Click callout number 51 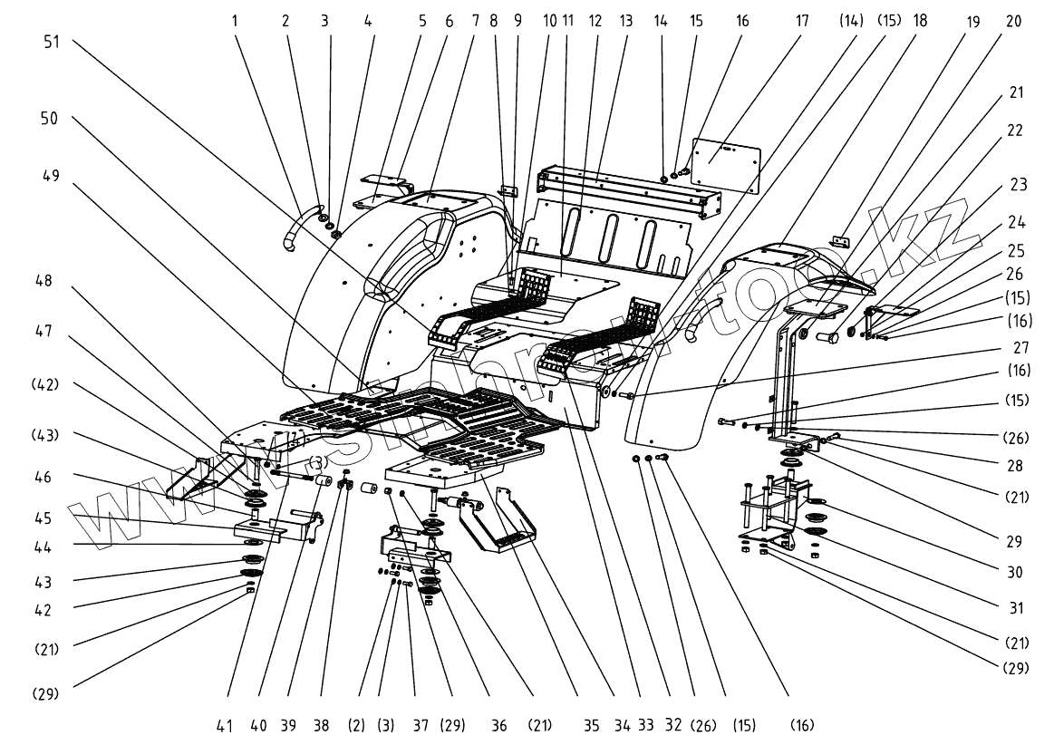pos(52,42)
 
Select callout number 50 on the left pos(49,119)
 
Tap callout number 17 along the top pos(802,21)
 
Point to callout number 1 pos(235,21)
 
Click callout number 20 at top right pos(1013,21)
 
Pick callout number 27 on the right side pos(1020,348)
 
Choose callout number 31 pos(1016,608)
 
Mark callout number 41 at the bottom pos(225,725)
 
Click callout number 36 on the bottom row pos(498,725)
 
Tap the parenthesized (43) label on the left pos(45,435)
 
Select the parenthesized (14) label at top pos(851,21)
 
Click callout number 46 pos(43,478)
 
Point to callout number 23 pos(1019,184)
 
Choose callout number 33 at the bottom pos(645,725)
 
